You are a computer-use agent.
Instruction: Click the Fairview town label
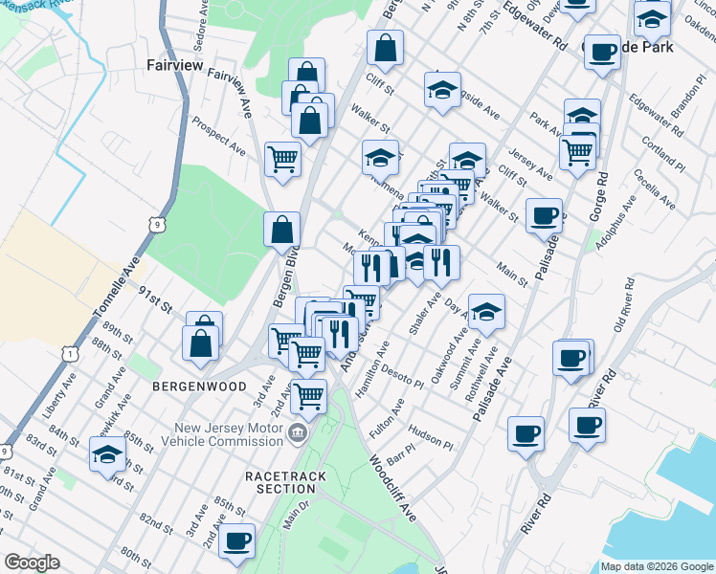173,66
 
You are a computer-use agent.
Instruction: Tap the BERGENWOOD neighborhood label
188,386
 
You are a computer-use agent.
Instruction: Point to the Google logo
32,563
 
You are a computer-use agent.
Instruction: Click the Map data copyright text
657,566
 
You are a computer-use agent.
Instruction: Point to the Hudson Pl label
430,437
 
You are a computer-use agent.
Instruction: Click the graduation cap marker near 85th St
108,456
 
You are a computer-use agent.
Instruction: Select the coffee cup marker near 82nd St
236,541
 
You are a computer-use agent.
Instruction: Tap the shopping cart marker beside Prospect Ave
282,159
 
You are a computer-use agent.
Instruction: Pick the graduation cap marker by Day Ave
486,311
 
